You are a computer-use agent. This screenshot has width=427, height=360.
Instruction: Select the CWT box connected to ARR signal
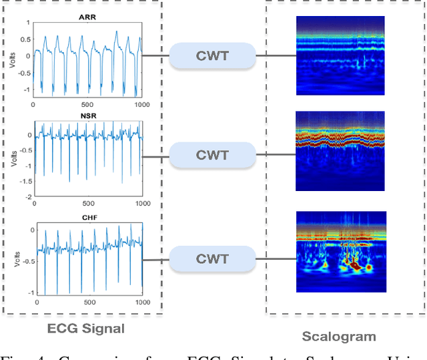tap(211, 55)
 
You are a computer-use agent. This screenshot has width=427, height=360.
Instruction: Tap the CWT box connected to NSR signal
tap(211, 156)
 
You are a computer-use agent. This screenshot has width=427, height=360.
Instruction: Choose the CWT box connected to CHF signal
tap(211, 258)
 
